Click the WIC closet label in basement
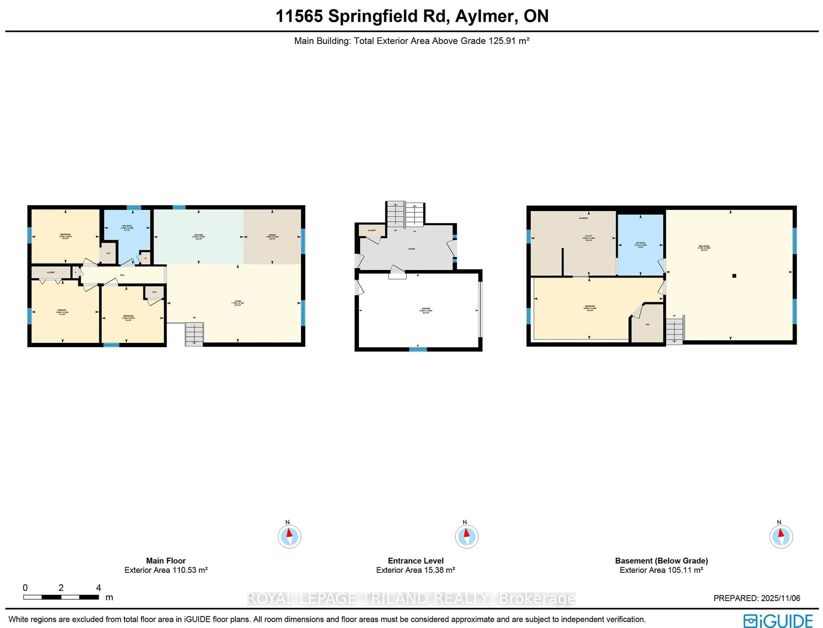(x=647, y=325)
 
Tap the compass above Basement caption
(x=781, y=536)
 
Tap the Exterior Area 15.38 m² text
(x=415, y=570)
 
